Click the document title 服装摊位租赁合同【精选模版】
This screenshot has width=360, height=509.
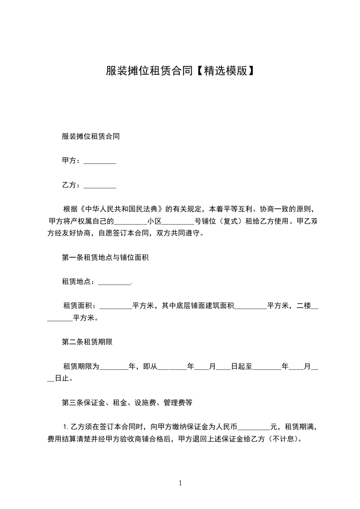click(x=180, y=71)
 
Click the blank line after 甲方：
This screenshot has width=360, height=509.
click(x=100, y=162)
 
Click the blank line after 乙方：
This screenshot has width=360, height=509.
click(x=100, y=186)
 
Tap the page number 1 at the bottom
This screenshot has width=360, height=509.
click(x=180, y=483)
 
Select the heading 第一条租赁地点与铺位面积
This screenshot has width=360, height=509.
click(x=106, y=258)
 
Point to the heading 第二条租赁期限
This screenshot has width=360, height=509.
click(x=87, y=343)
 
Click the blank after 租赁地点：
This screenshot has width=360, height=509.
click(x=114, y=283)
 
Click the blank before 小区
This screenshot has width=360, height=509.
click(x=131, y=222)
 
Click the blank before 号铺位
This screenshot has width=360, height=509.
click(x=178, y=222)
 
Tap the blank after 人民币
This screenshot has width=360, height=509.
click(x=254, y=427)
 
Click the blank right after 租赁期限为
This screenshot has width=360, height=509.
click(x=114, y=367)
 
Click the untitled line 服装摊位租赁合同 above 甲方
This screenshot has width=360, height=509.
click(x=91, y=137)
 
